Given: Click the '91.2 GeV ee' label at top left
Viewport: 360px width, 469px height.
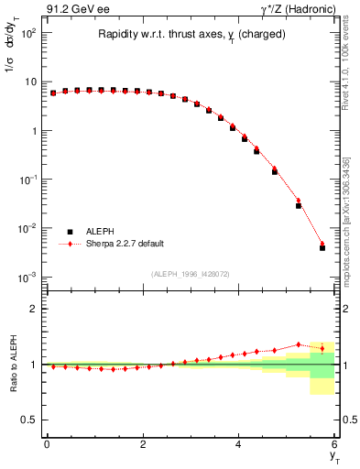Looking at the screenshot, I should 76,11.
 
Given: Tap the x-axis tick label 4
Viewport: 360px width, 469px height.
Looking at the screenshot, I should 239,444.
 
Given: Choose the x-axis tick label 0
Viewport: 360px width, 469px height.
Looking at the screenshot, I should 47,444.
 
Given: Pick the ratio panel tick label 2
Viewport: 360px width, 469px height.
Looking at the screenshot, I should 32,309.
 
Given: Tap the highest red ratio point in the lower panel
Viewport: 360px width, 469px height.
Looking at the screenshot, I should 298,344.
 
